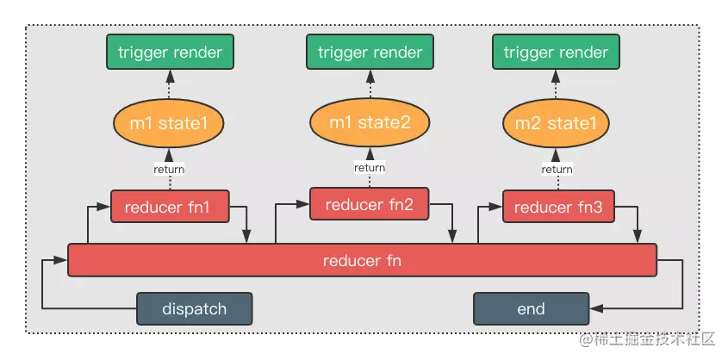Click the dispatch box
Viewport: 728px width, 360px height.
click(x=194, y=308)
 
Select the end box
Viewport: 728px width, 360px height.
click(x=532, y=308)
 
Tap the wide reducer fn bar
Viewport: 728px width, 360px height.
click(x=362, y=260)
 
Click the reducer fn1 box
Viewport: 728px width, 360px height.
click(x=170, y=206)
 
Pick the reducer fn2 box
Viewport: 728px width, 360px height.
click(x=369, y=203)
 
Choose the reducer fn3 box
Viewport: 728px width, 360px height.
click(x=558, y=206)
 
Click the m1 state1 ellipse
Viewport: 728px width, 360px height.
click(x=169, y=123)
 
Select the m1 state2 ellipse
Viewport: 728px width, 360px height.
click(x=370, y=122)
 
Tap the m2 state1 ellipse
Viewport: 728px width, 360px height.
click(x=557, y=123)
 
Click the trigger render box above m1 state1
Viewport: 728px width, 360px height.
click(x=170, y=52)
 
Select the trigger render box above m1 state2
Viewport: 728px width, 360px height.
click(x=370, y=52)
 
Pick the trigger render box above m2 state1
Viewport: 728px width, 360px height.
click(x=556, y=52)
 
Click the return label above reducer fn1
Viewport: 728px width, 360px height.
click(x=169, y=170)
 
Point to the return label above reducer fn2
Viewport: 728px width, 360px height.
click(x=370, y=167)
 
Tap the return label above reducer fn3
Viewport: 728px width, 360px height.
click(x=557, y=170)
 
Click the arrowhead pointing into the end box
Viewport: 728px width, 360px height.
click(x=595, y=308)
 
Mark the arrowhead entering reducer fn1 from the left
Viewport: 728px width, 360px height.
click(x=104, y=206)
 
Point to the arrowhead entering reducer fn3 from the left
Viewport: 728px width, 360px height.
click(x=496, y=206)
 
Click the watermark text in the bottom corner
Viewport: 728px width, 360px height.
click(x=647, y=339)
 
